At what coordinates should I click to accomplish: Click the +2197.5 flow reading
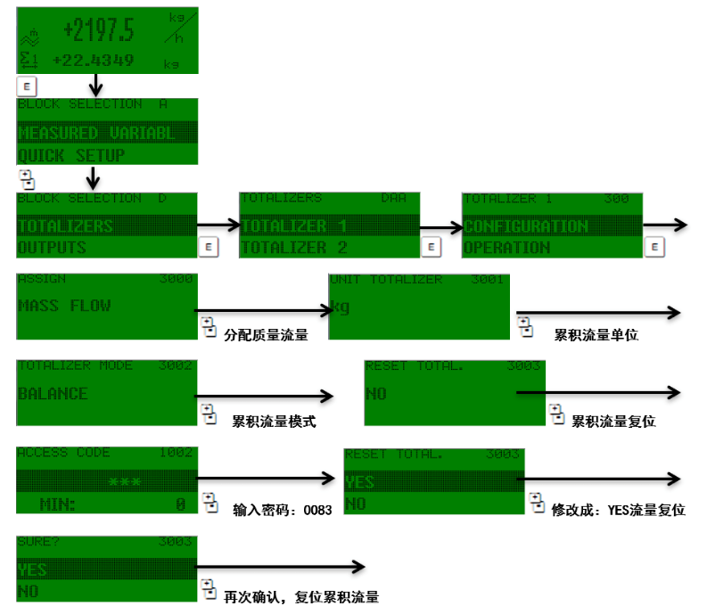coord(98,30)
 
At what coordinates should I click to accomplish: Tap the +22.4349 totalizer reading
coord(93,61)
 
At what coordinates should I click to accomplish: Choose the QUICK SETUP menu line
coord(71,155)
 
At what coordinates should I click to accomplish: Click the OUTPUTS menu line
coord(52,247)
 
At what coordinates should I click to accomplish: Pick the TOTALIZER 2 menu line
coord(294,247)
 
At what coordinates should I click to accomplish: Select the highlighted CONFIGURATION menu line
coord(526,226)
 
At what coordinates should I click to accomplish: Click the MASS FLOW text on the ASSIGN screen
coord(64,305)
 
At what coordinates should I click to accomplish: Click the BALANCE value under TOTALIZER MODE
coord(53,393)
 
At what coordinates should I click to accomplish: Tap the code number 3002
coord(176,365)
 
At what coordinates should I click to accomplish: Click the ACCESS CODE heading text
coord(63,453)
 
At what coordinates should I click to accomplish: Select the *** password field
coord(124,482)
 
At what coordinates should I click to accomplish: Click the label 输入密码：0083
coord(282,511)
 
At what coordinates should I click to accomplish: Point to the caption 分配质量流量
coord(266,334)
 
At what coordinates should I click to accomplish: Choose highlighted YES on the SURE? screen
coord(33,569)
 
